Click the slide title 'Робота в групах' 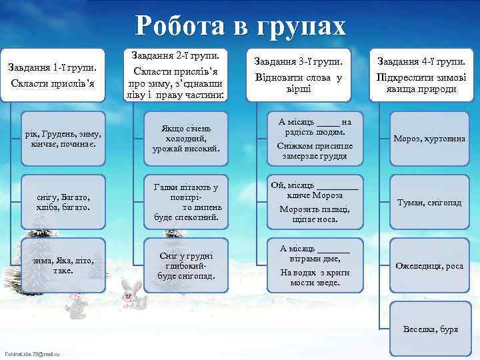(241, 27)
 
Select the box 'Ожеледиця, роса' (429, 265)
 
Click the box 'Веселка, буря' (429, 329)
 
